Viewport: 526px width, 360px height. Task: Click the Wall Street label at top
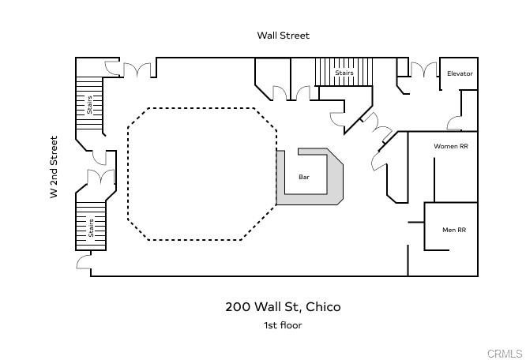click(283, 36)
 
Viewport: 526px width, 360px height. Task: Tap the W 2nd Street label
click(54, 167)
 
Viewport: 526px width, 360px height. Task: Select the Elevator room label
click(460, 73)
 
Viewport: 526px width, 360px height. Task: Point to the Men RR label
click(453, 230)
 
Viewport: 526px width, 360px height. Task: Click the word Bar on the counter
click(303, 178)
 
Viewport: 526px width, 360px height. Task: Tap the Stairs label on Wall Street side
click(344, 73)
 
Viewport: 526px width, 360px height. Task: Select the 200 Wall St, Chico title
click(283, 307)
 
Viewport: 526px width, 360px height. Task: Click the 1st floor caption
click(283, 324)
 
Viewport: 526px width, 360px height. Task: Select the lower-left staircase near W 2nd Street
click(90, 224)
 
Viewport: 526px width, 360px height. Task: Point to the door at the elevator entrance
click(456, 123)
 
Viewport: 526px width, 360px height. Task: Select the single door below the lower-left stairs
click(84, 261)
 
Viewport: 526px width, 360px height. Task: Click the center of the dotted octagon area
click(201, 174)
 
